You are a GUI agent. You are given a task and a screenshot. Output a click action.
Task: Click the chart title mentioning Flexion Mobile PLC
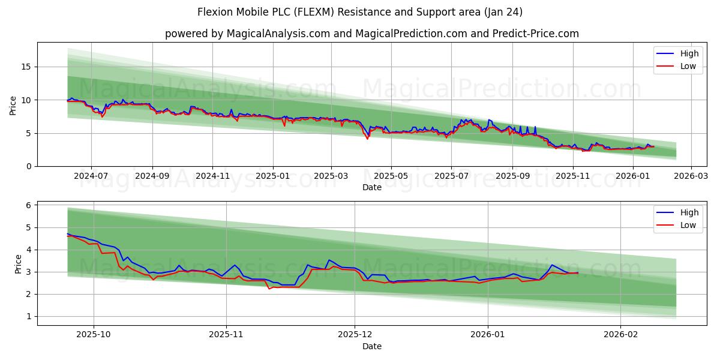pos(360,12)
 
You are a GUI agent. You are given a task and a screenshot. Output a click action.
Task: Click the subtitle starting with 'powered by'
pos(372,34)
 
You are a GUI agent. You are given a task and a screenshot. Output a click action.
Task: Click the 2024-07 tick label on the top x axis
pos(91,176)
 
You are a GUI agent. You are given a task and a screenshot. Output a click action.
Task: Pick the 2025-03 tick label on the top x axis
pos(331,176)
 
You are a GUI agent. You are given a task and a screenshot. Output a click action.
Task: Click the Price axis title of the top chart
pos(13,104)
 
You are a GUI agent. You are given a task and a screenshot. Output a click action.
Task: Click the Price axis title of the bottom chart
pos(18,263)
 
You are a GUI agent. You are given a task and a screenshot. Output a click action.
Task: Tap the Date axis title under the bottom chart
pos(372,346)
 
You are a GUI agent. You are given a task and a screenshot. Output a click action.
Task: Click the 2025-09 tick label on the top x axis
pos(512,176)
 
